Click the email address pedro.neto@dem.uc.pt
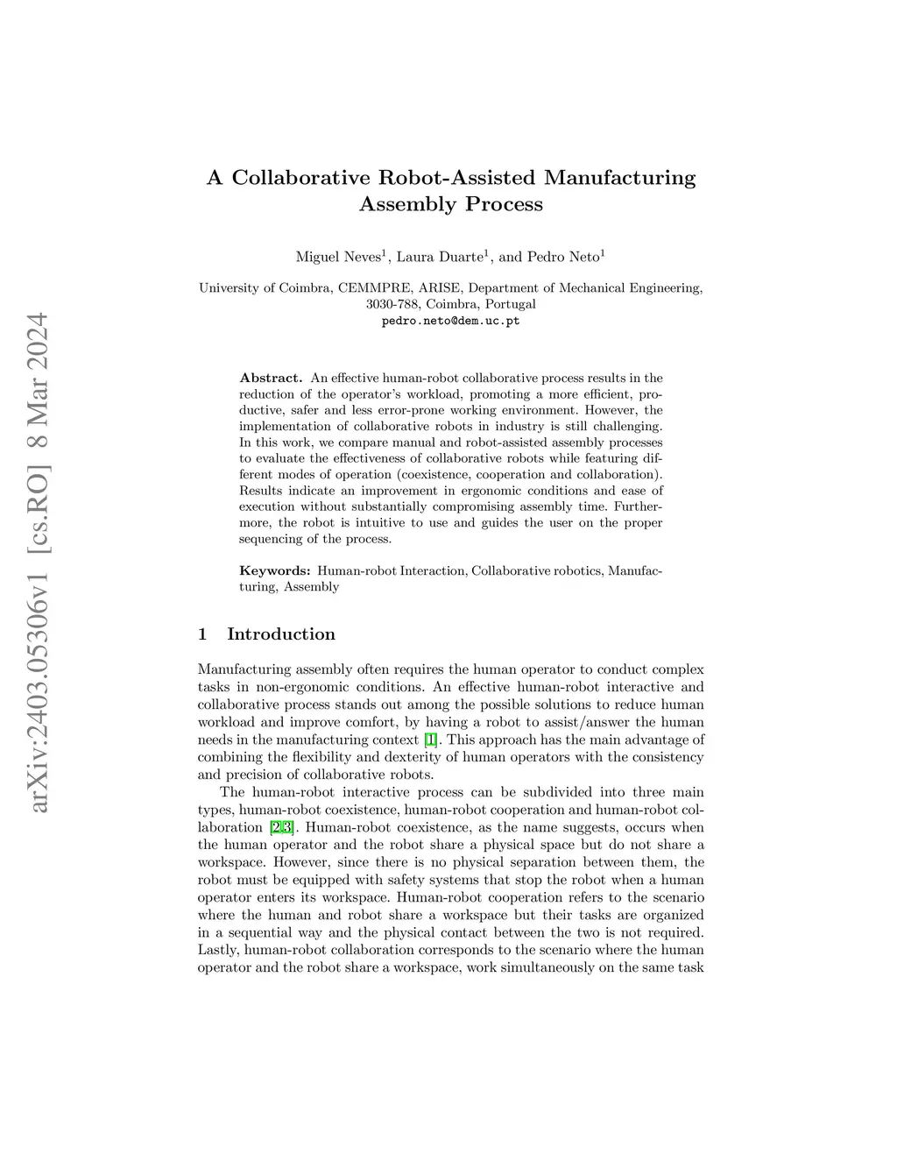tap(450, 321)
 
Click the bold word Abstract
tap(271, 378)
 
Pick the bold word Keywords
tap(274, 570)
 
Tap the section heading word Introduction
tap(280, 634)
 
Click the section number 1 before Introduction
tap(203, 634)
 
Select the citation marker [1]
tap(430, 740)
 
